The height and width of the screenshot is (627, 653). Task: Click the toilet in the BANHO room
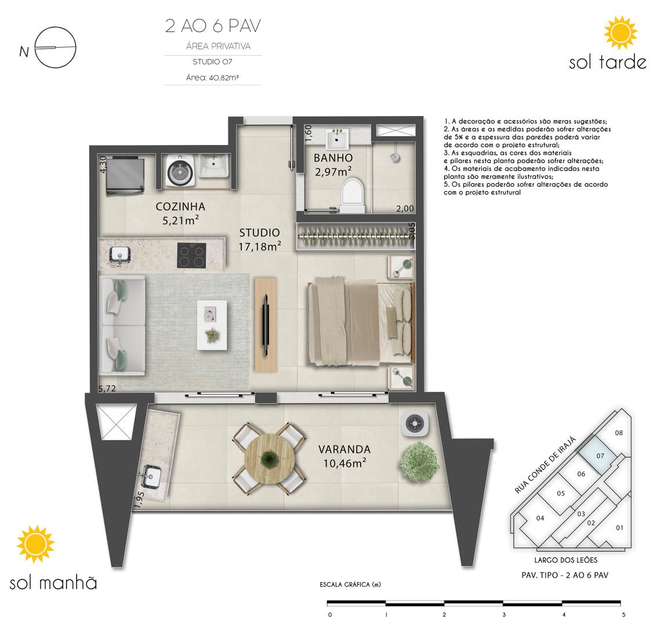[x=353, y=195]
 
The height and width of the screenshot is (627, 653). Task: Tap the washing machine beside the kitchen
[x=180, y=171]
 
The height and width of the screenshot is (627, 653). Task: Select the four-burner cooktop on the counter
[x=191, y=255]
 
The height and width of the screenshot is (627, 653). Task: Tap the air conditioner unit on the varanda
[x=415, y=423]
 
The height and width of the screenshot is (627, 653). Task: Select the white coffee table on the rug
[x=212, y=325]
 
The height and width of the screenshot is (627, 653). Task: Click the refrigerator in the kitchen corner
[x=125, y=175]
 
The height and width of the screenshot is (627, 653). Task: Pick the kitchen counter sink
[x=120, y=256]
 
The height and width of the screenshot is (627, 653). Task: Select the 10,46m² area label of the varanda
[x=345, y=463]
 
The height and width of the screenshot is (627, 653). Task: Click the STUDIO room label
[x=259, y=233]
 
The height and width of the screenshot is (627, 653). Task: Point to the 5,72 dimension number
[x=107, y=388]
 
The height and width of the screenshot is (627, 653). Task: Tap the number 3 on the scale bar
[x=504, y=614]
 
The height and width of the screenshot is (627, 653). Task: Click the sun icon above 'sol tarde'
[x=621, y=32]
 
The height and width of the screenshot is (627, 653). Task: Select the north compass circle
[x=56, y=47]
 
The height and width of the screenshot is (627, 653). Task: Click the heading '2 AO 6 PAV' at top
[x=213, y=26]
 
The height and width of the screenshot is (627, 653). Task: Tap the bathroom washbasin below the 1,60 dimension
[x=337, y=139]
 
